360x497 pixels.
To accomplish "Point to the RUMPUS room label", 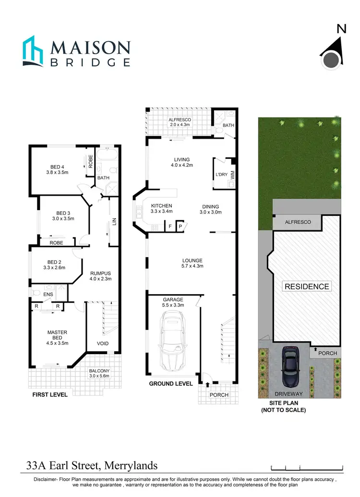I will pos(100,277).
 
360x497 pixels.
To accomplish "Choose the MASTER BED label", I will pos(57,338).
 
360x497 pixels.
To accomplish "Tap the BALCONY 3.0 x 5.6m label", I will pos(100,374).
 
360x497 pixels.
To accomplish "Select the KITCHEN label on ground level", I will pos(161,208).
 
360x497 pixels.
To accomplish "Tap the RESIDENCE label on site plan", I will pos(307,286).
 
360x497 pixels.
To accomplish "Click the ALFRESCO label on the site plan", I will pos(298,222).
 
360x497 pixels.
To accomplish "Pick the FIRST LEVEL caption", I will pos(49,395).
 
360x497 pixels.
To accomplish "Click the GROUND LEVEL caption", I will pos(171,383).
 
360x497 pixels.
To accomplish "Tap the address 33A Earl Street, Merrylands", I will pos(92,466).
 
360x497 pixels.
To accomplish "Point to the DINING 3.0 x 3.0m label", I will pos(210,208).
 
